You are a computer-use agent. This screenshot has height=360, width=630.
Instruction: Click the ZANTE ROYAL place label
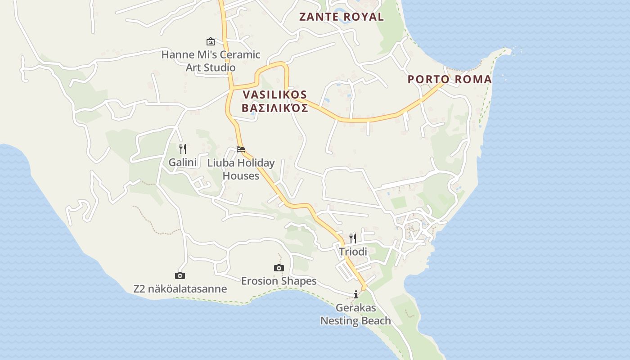point(342,17)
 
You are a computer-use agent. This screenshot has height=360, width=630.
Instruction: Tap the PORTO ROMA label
point(449,80)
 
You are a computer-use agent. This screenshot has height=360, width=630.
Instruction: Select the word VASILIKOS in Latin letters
point(274,95)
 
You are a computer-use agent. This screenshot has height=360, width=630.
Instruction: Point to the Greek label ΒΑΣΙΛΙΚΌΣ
point(274,108)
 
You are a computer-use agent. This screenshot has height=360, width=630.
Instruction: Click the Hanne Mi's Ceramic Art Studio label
point(211,61)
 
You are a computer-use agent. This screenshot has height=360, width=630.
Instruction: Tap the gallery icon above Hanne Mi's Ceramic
point(210,41)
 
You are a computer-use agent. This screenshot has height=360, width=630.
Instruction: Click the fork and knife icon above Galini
point(183,148)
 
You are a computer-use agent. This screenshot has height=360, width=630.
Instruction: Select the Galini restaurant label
point(183,162)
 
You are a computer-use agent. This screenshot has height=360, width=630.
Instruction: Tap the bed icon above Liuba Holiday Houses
point(241,149)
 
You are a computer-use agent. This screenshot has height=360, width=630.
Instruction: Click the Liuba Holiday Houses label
point(241,169)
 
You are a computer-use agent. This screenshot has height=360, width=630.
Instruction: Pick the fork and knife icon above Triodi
point(353,238)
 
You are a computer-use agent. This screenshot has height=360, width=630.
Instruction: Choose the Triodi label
point(353,252)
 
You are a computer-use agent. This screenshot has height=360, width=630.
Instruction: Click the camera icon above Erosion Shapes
point(279,268)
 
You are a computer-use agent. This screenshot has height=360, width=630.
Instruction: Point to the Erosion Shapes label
point(279,281)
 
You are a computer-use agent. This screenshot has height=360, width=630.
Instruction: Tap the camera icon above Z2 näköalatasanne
point(180,275)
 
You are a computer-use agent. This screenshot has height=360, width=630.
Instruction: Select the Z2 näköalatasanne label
point(180,289)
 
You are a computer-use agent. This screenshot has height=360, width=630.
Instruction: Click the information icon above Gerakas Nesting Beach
point(356,294)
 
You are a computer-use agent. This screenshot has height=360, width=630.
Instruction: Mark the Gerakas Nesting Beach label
point(355,315)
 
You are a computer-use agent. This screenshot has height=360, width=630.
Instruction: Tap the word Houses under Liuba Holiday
point(241,175)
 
